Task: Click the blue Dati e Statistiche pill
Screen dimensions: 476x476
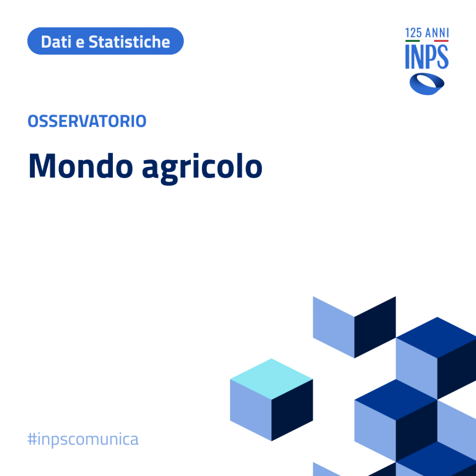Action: [105, 41]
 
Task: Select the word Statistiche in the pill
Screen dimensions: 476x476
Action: [129, 41]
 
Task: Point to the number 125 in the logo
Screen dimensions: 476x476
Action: [413, 33]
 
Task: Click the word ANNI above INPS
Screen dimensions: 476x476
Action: [437, 33]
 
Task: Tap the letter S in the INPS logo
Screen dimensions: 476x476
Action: [443, 57]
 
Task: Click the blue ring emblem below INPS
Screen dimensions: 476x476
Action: [427, 84]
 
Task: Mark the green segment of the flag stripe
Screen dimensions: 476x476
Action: [413, 41]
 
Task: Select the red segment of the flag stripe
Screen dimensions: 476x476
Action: [441, 41]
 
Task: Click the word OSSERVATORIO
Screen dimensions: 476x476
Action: [87, 121]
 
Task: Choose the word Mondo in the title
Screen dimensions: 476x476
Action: [81, 166]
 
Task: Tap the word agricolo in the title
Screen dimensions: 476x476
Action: [202, 168]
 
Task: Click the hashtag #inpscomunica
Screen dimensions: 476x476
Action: [83, 439]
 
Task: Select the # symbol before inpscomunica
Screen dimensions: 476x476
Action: [32, 439]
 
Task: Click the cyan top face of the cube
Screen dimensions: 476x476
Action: [271, 379]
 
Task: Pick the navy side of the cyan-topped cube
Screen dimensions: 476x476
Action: [292, 410]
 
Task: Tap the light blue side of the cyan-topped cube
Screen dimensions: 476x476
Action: [251, 410]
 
